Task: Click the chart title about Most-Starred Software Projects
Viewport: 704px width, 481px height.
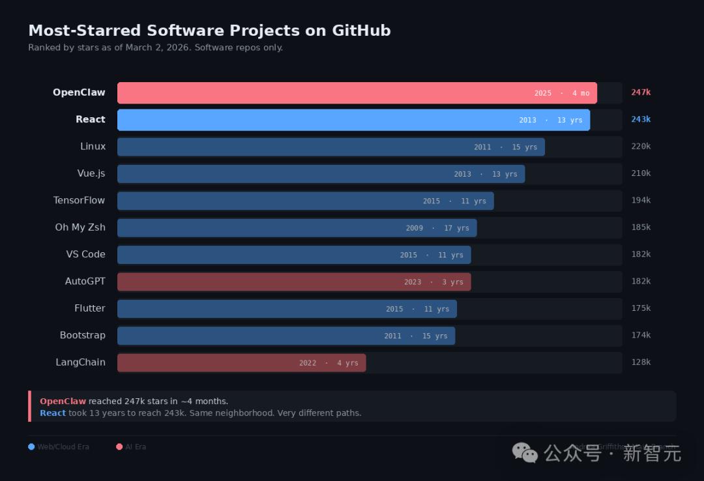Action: tap(209, 31)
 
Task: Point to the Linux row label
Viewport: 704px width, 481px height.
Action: tap(93, 147)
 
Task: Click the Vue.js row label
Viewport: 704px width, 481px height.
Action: tap(91, 173)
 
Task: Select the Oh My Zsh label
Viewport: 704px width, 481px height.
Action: tap(80, 227)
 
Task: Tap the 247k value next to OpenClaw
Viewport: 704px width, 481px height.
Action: tap(641, 93)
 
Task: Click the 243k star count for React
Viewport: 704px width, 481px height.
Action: tap(641, 120)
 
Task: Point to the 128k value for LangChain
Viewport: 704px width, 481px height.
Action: tap(641, 362)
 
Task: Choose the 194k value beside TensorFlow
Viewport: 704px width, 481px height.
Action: tap(641, 201)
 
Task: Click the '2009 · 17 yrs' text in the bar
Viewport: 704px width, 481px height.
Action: tap(437, 228)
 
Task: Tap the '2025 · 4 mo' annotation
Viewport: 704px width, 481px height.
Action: tap(562, 93)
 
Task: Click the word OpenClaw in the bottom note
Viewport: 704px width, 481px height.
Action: tap(63, 401)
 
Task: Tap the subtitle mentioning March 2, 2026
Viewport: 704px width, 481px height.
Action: tap(155, 48)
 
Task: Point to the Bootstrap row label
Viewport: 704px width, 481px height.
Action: tap(82, 336)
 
